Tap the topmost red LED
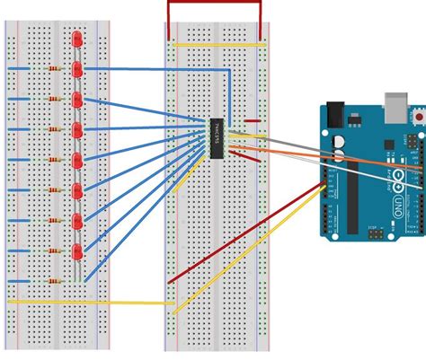pos(77,42)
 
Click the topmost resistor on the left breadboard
pos(58,68)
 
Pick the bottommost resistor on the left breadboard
pos(58,280)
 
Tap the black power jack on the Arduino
pos(333,114)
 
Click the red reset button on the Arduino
pos(420,116)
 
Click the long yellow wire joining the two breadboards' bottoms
pos(90,302)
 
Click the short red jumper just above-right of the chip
pos(253,120)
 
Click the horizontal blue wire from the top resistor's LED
pos(153,67)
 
